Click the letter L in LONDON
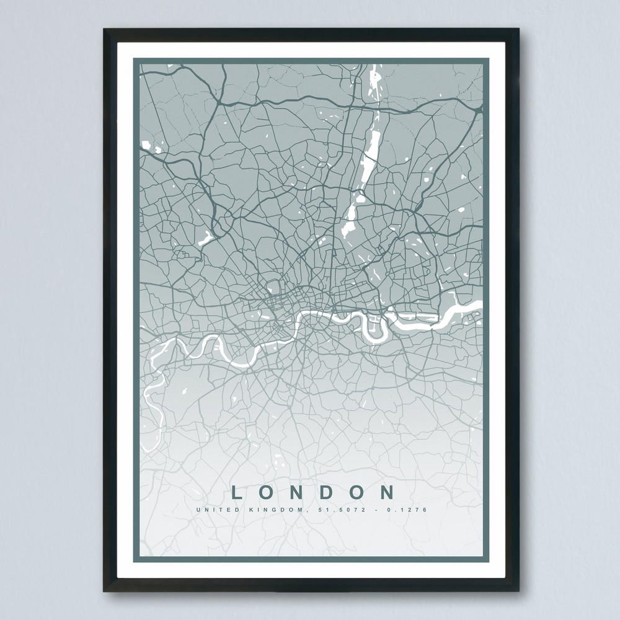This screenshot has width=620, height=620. click(x=236, y=493)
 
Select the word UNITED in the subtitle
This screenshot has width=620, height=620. click(x=213, y=510)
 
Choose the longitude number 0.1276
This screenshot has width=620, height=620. click(x=410, y=510)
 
